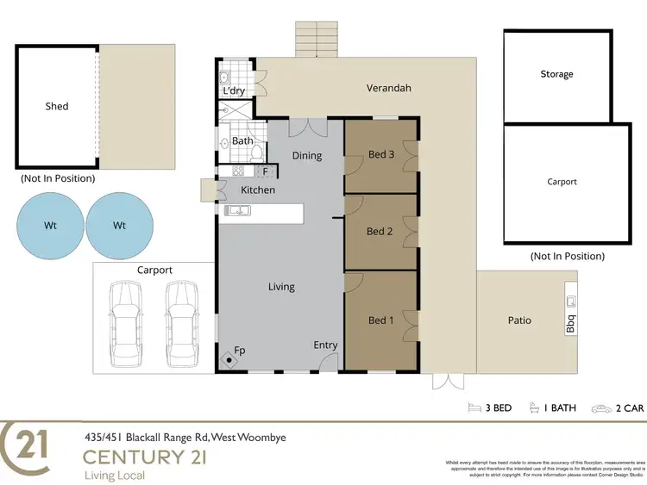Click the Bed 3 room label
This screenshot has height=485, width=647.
tap(380, 155)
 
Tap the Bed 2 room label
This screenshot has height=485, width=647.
tap(380, 231)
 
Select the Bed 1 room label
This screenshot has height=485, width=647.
tap(380, 320)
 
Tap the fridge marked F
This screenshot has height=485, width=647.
tap(266, 171)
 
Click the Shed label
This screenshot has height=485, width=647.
tap(57, 107)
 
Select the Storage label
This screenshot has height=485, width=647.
tap(556, 75)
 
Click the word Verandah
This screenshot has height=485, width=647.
tap(388, 88)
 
